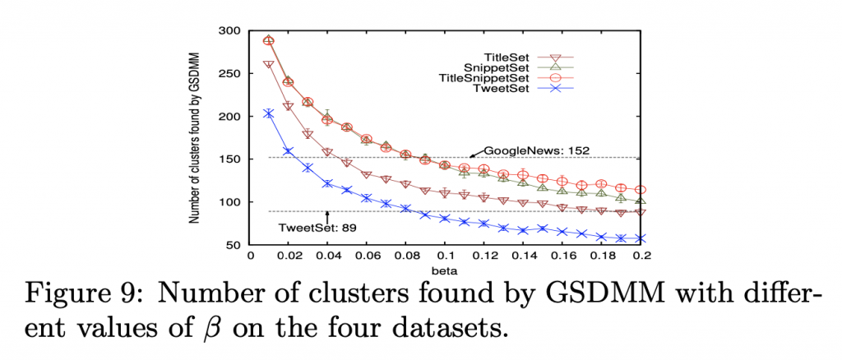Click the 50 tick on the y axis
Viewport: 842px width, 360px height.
pos(234,245)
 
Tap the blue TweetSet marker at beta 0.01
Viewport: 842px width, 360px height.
pos(269,113)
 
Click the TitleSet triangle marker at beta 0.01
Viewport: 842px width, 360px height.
pos(269,64)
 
